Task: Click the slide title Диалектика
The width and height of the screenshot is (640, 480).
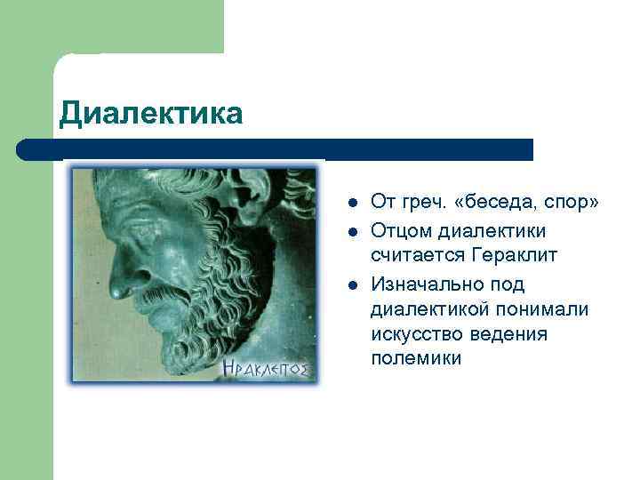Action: click(x=150, y=114)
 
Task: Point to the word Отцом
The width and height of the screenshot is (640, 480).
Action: click(x=400, y=230)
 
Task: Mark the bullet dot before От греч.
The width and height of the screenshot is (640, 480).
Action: click(x=353, y=204)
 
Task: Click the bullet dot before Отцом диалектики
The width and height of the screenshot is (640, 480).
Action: click(x=353, y=231)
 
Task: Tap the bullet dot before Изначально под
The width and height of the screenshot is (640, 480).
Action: click(x=353, y=284)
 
